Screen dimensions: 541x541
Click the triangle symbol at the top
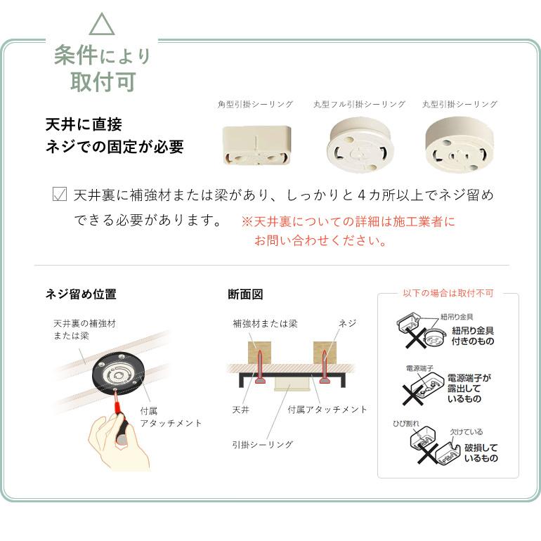pyautogui.click(x=102, y=25)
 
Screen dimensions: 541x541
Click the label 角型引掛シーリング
pyautogui.click(x=255, y=104)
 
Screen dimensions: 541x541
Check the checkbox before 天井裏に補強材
pyautogui.click(x=60, y=195)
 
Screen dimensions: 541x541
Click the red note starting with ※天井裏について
pyautogui.click(x=348, y=231)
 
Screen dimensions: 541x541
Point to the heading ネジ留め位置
pyautogui.click(x=81, y=294)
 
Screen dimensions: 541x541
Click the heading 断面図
pyautogui.click(x=245, y=294)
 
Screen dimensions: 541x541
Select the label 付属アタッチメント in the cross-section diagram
pyautogui.click(x=327, y=409)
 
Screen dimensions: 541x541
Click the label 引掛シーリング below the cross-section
pyautogui.click(x=262, y=444)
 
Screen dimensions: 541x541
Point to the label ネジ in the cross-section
pyautogui.click(x=347, y=323)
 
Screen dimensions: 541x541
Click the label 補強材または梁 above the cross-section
pyautogui.click(x=265, y=323)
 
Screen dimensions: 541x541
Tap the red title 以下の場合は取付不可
pyautogui.click(x=448, y=293)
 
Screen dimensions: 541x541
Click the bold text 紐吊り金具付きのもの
pyautogui.click(x=472, y=336)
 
